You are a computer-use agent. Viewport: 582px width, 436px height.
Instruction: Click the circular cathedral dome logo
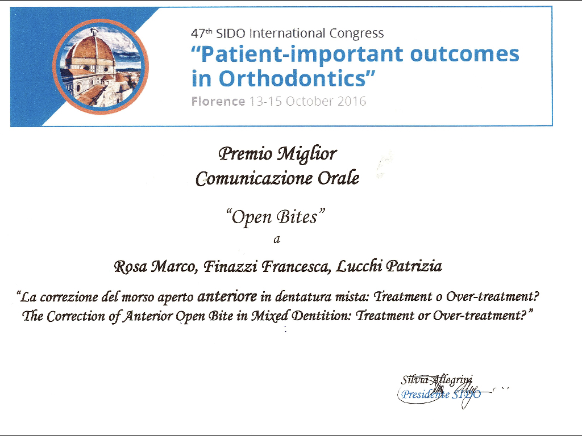(x=101, y=66)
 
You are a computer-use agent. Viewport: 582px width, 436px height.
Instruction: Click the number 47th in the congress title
(x=202, y=33)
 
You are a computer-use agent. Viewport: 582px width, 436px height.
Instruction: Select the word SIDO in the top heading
(x=231, y=33)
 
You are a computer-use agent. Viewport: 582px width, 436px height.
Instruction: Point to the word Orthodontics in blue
(x=293, y=78)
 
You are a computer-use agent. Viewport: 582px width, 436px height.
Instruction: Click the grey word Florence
(x=218, y=101)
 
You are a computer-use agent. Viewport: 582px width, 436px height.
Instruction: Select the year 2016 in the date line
(x=351, y=101)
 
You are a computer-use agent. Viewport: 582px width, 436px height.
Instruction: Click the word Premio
(x=246, y=153)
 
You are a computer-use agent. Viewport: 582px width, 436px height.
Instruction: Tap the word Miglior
(x=307, y=154)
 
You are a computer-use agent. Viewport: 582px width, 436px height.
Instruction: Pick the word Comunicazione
(x=254, y=179)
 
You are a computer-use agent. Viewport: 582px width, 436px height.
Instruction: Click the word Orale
(x=339, y=178)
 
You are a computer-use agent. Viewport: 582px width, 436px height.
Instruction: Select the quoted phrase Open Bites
(x=276, y=217)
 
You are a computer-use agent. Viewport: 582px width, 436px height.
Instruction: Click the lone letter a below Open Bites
(x=277, y=240)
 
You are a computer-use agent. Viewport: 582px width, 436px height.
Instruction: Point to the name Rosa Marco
(x=155, y=266)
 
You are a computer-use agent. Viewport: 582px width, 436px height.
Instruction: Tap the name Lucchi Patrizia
(x=389, y=266)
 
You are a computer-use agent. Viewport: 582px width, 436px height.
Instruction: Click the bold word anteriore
(x=227, y=296)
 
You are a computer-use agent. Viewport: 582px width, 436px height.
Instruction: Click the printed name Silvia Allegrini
(x=436, y=380)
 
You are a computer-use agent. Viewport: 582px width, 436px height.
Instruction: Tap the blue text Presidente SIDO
(x=441, y=394)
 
